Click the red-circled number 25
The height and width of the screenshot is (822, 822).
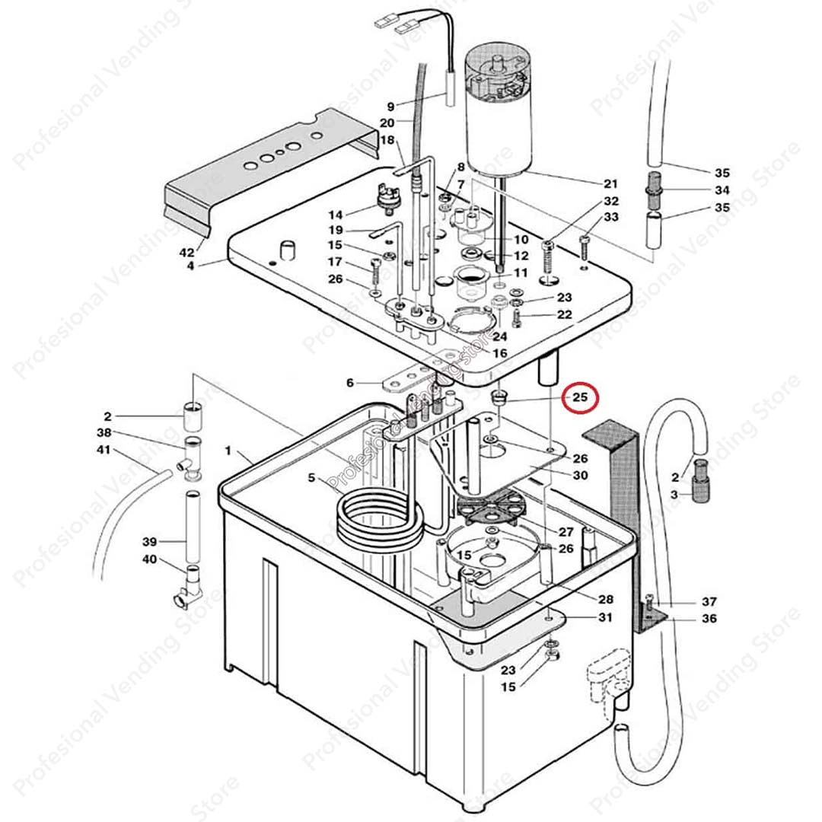pyautogui.click(x=581, y=397)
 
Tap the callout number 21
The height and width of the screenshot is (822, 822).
pyautogui.click(x=610, y=183)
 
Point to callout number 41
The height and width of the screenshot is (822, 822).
pyautogui.click(x=103, y=450)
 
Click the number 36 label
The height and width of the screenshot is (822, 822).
pyautogui.click(x=709, y=619)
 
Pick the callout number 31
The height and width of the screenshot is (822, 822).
pyautogui.click(x=604, y=617)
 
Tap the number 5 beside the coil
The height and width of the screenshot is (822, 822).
pyautogui.click(x=311, y=478)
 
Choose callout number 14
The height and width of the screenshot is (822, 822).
pyautogui.click(x=335, y=215)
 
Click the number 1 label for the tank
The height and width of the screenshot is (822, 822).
pyautogui.click(x=228, y=451)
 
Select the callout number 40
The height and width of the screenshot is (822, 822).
pyautogui.click(x=149, y=559)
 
